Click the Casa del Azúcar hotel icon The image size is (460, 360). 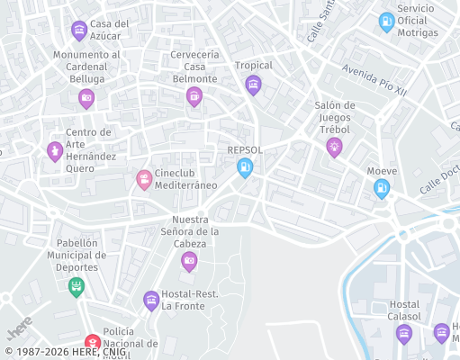point(79,30)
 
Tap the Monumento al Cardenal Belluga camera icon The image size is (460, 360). point(86,98)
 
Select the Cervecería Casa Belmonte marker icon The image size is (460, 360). point(194,97)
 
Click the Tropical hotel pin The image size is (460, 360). point(253,85)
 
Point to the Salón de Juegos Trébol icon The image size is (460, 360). point(334,147)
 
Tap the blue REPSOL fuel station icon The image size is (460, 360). point(244,166)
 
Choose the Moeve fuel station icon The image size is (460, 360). point(382,188)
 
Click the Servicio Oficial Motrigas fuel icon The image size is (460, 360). point(386,21)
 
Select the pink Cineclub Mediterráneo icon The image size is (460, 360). point(144,179)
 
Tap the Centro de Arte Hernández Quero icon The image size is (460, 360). point(54,150)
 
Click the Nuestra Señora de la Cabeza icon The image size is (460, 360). point(189,261)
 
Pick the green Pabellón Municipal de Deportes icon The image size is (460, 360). point(77,287)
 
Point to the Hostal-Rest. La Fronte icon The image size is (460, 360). point(151,300)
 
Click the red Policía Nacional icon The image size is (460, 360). point(92,343)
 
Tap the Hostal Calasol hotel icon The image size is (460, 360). point(404,334)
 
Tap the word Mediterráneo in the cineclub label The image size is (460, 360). point(186,184)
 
